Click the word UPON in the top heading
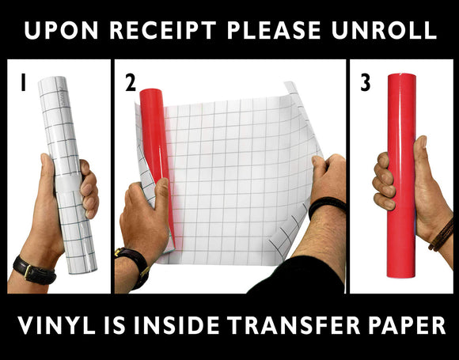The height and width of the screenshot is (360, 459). [x=61, y=30]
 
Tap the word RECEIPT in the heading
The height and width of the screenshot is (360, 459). [x=163, y=30]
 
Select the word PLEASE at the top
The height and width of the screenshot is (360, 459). [x=274, y=30]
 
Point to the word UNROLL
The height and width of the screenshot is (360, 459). [x=384, y=30]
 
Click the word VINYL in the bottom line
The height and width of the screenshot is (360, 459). [x=56, y=325]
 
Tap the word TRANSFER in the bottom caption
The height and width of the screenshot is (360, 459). [x=294, y=325]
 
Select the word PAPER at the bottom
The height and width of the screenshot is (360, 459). [x=407, y=325]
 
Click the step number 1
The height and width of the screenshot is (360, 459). [x=23, y=82]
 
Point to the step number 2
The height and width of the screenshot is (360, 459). [x=131, y=82]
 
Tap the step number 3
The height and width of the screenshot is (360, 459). [x=366, y=82]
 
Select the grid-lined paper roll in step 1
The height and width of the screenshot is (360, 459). [x=67, y=175]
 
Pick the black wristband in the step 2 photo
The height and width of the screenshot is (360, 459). [x=326, y=207]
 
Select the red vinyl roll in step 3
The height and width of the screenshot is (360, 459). [x=402, y=176]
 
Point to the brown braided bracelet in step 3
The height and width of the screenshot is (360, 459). [x=442, y=236]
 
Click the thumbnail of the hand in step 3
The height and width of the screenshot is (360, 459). [x=423, y=142]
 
